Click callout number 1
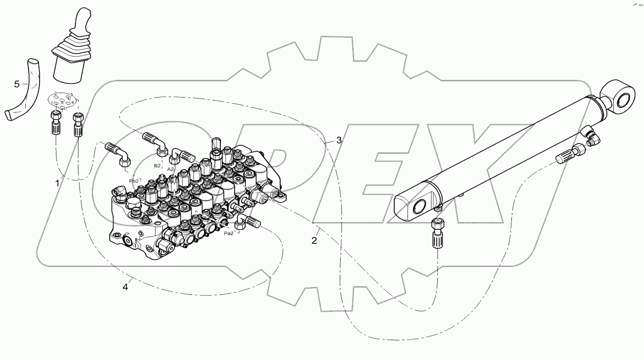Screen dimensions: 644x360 [57, 183]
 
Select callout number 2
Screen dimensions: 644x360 [314, 240]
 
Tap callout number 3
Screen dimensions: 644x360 [339, 140]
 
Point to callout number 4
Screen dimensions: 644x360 [125, 287]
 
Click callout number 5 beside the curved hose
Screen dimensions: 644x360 [17, 84]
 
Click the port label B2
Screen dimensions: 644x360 [157, 166]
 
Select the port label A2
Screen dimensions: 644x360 [171, 169]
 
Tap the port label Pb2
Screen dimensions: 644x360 [134, 180]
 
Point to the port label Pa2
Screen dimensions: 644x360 [228, 233]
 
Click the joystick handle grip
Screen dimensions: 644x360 [80, 22]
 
